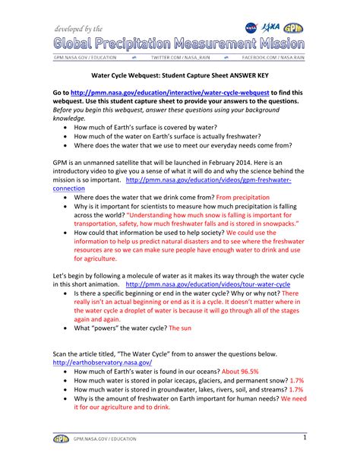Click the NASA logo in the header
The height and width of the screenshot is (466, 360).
coord(251,27)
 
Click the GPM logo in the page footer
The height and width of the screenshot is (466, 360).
coord(61,439)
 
